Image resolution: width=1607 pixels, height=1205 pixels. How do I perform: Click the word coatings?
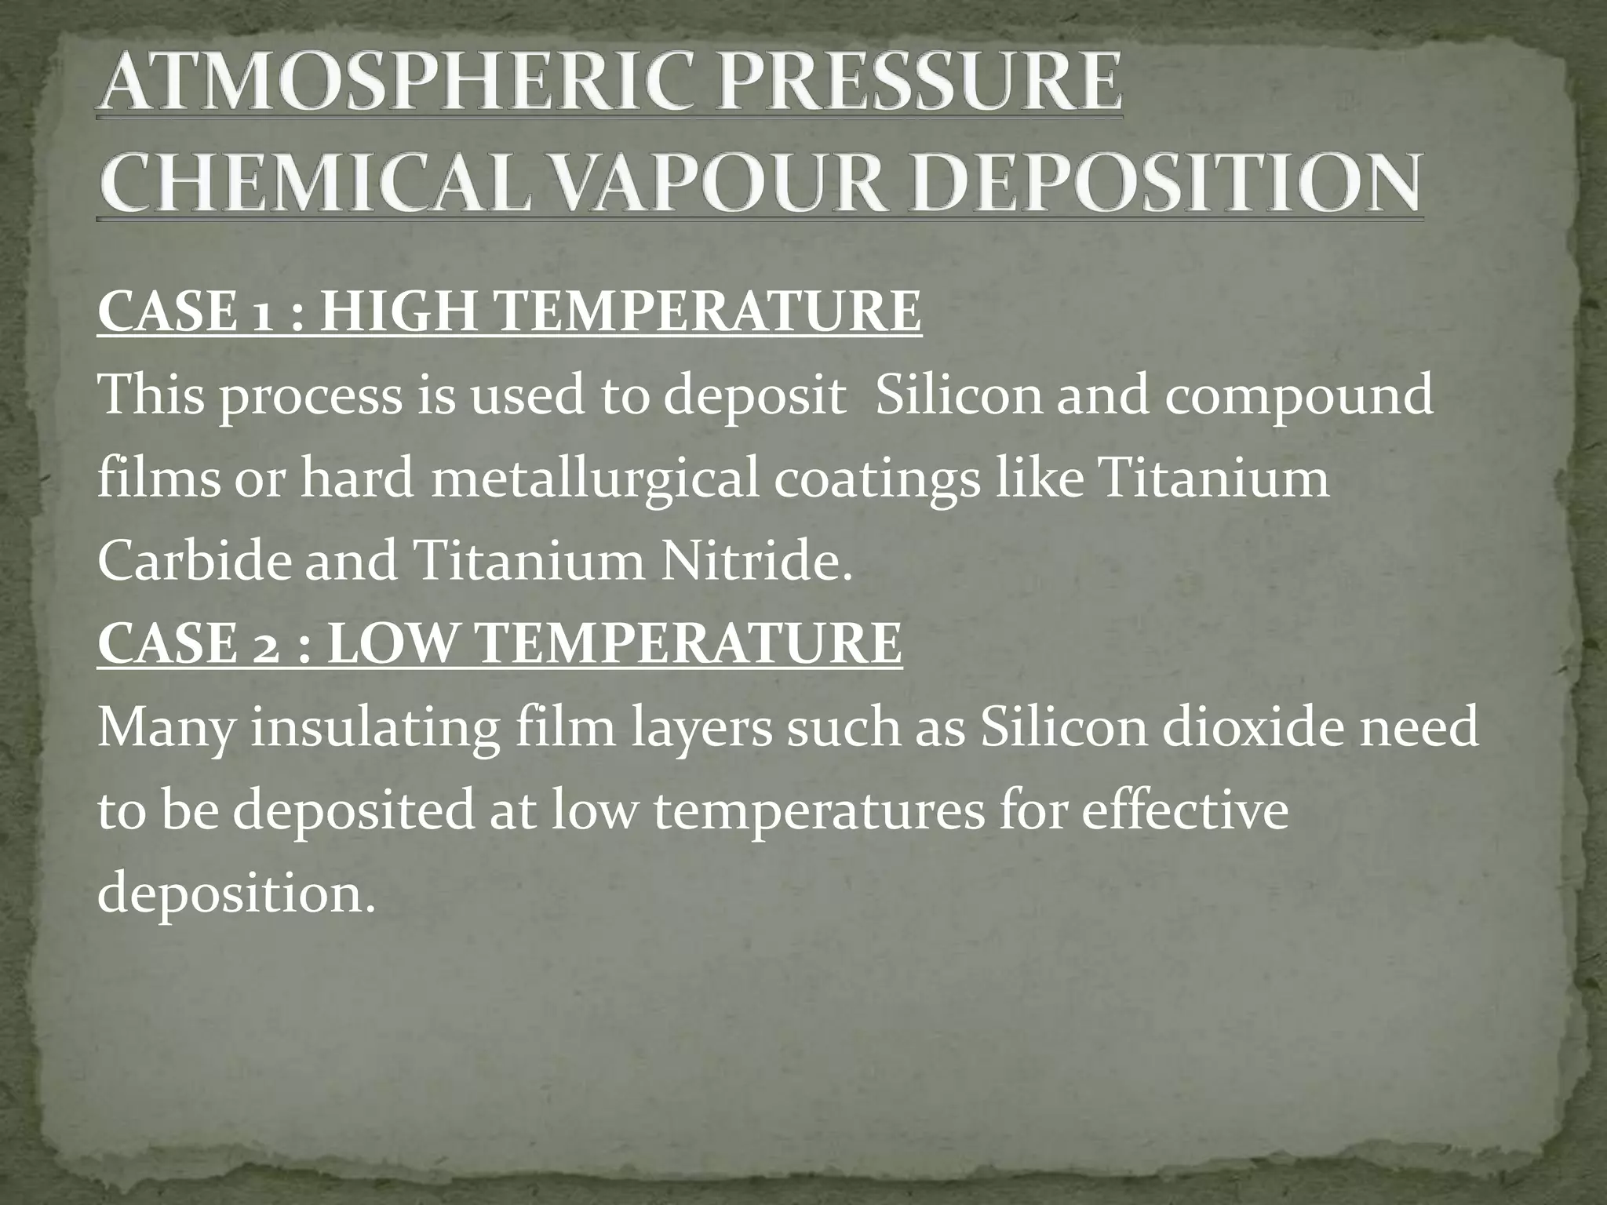877,480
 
